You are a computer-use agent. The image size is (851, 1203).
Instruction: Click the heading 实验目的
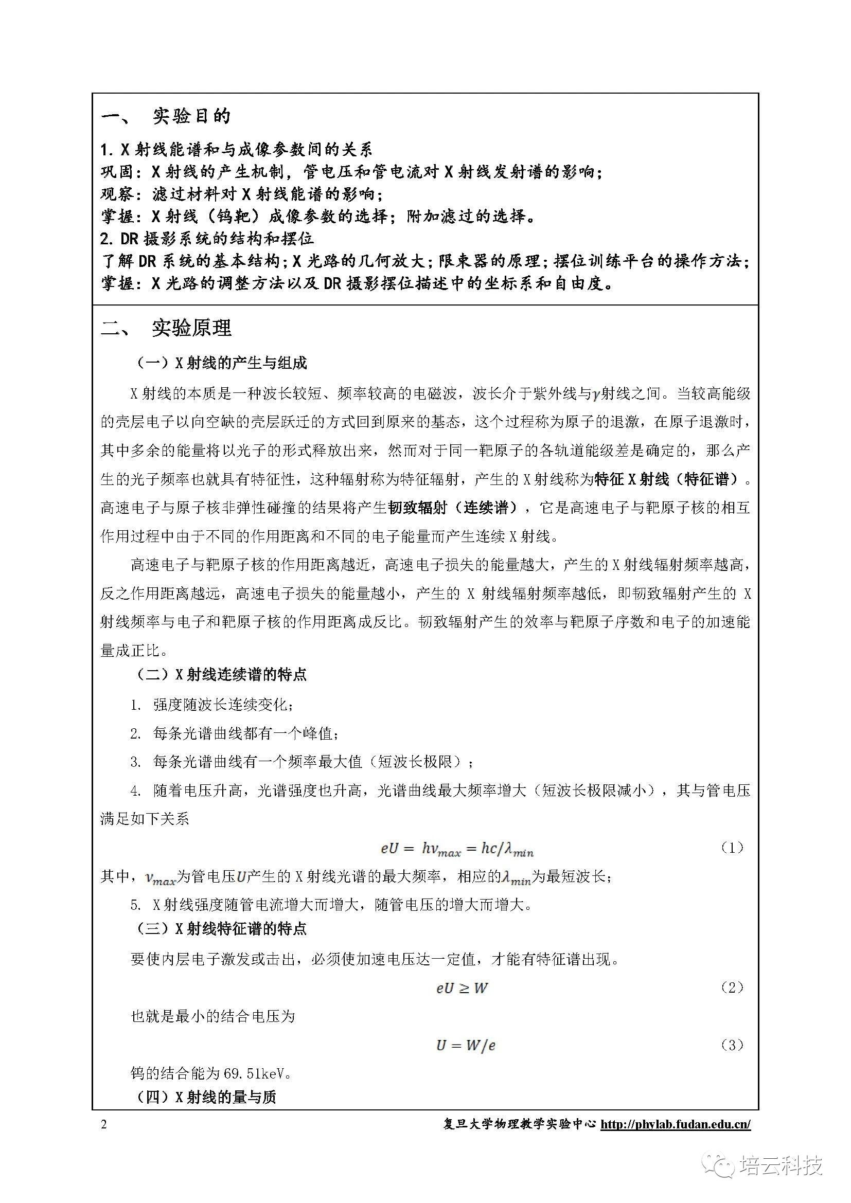[x=191, y=116]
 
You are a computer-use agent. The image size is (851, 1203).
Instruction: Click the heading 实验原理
[x=191, y=329]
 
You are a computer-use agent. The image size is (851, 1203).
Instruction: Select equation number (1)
[x=732, y=847]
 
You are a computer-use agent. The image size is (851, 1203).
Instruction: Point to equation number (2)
[x=732, y=987]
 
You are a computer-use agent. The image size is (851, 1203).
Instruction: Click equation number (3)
[x=732, y=1045]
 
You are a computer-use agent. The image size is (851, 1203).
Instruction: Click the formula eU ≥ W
[x=462, y=988]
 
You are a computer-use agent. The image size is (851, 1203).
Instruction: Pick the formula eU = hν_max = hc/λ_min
[x=456, y=849]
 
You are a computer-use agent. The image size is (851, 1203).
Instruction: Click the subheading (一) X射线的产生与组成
[x=221, y=363]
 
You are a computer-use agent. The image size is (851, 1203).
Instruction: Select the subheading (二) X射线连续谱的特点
[x=221, y=674]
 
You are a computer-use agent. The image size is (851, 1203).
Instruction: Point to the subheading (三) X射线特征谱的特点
[x=221, y=928]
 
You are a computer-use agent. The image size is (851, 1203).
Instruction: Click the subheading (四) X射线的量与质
[x=206, y=1097]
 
